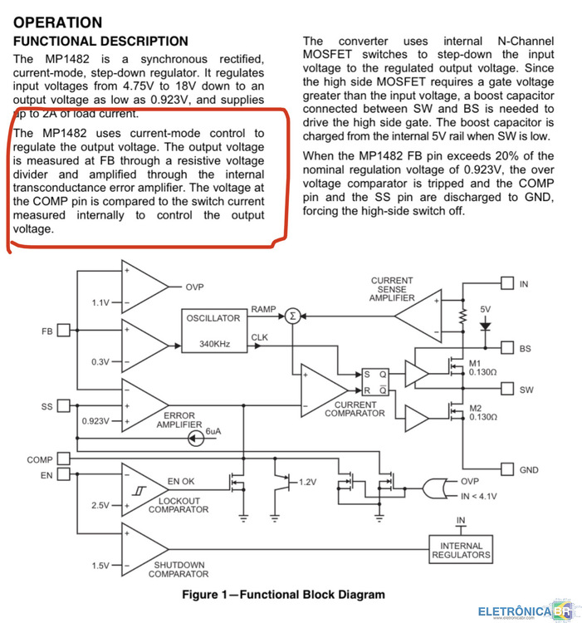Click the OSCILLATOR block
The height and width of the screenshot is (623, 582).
pos(214,331)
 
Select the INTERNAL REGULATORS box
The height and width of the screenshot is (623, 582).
pos(461,550)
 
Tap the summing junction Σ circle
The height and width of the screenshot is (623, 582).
pos(292,316)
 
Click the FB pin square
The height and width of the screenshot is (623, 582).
pos(64,330)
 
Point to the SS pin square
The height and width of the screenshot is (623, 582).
pos(64,405)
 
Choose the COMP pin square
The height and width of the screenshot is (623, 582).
pos(64,459)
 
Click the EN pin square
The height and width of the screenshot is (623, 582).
pos(64,474)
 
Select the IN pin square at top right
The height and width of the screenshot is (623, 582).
pos(507,283)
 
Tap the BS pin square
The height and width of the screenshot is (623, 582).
pos(507,348)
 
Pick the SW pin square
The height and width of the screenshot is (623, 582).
pos(507,389)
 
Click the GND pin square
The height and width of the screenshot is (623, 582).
pos(507,469)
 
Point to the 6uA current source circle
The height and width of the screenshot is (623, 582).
pos(196,439)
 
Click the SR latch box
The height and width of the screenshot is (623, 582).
pos(375,382)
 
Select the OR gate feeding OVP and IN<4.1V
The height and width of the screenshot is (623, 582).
pos(434,488)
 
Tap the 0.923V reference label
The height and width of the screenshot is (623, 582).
pos(95,421)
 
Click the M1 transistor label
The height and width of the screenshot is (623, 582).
pos(475,364)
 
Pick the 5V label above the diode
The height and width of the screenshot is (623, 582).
pos(485,309)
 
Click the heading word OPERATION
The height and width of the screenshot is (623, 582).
pos(58,22)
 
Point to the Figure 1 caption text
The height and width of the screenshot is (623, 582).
pos(283,595)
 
